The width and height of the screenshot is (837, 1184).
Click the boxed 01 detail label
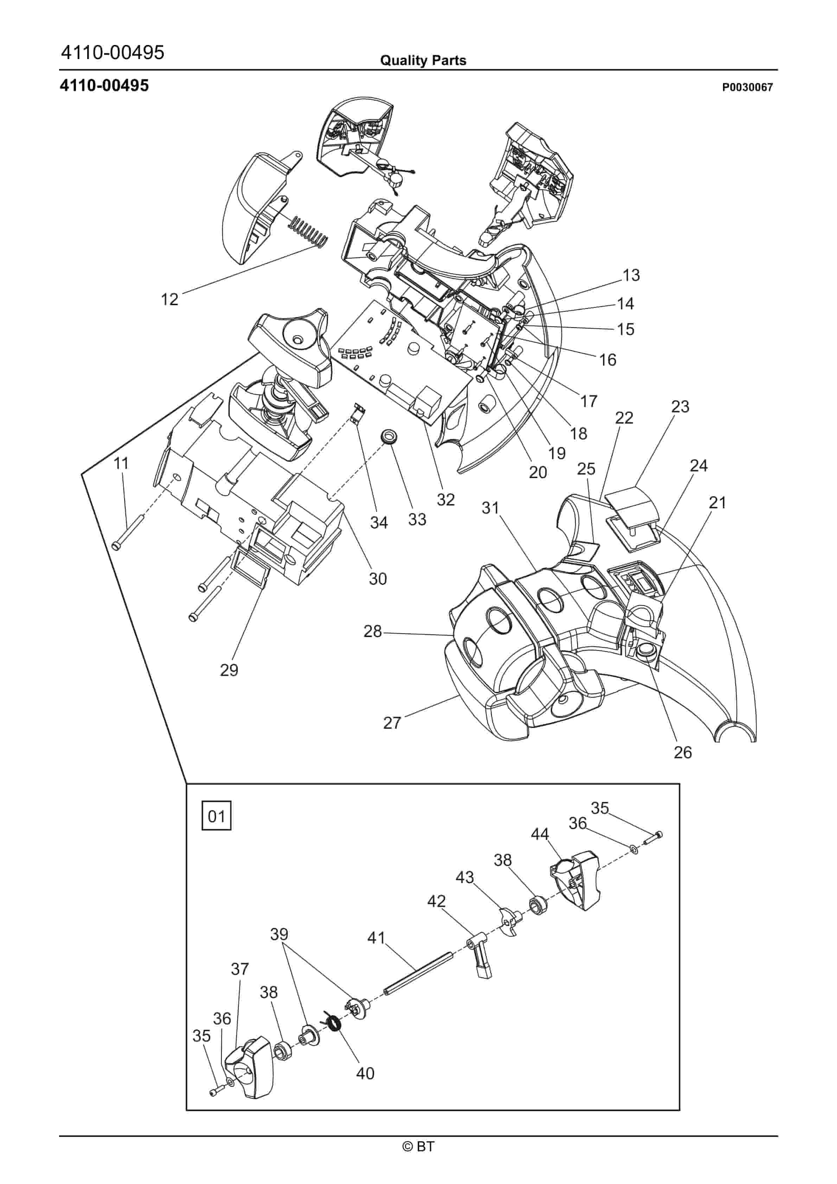(216, 816)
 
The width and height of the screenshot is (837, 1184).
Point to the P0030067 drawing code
(747, 87)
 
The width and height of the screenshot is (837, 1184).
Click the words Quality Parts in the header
(423, 60)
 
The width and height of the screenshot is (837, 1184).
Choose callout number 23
(680, 406)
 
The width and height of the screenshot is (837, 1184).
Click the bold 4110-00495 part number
(104, 85)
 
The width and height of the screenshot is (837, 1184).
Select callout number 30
(378, 579)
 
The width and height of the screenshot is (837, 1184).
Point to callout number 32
(446, 499)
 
